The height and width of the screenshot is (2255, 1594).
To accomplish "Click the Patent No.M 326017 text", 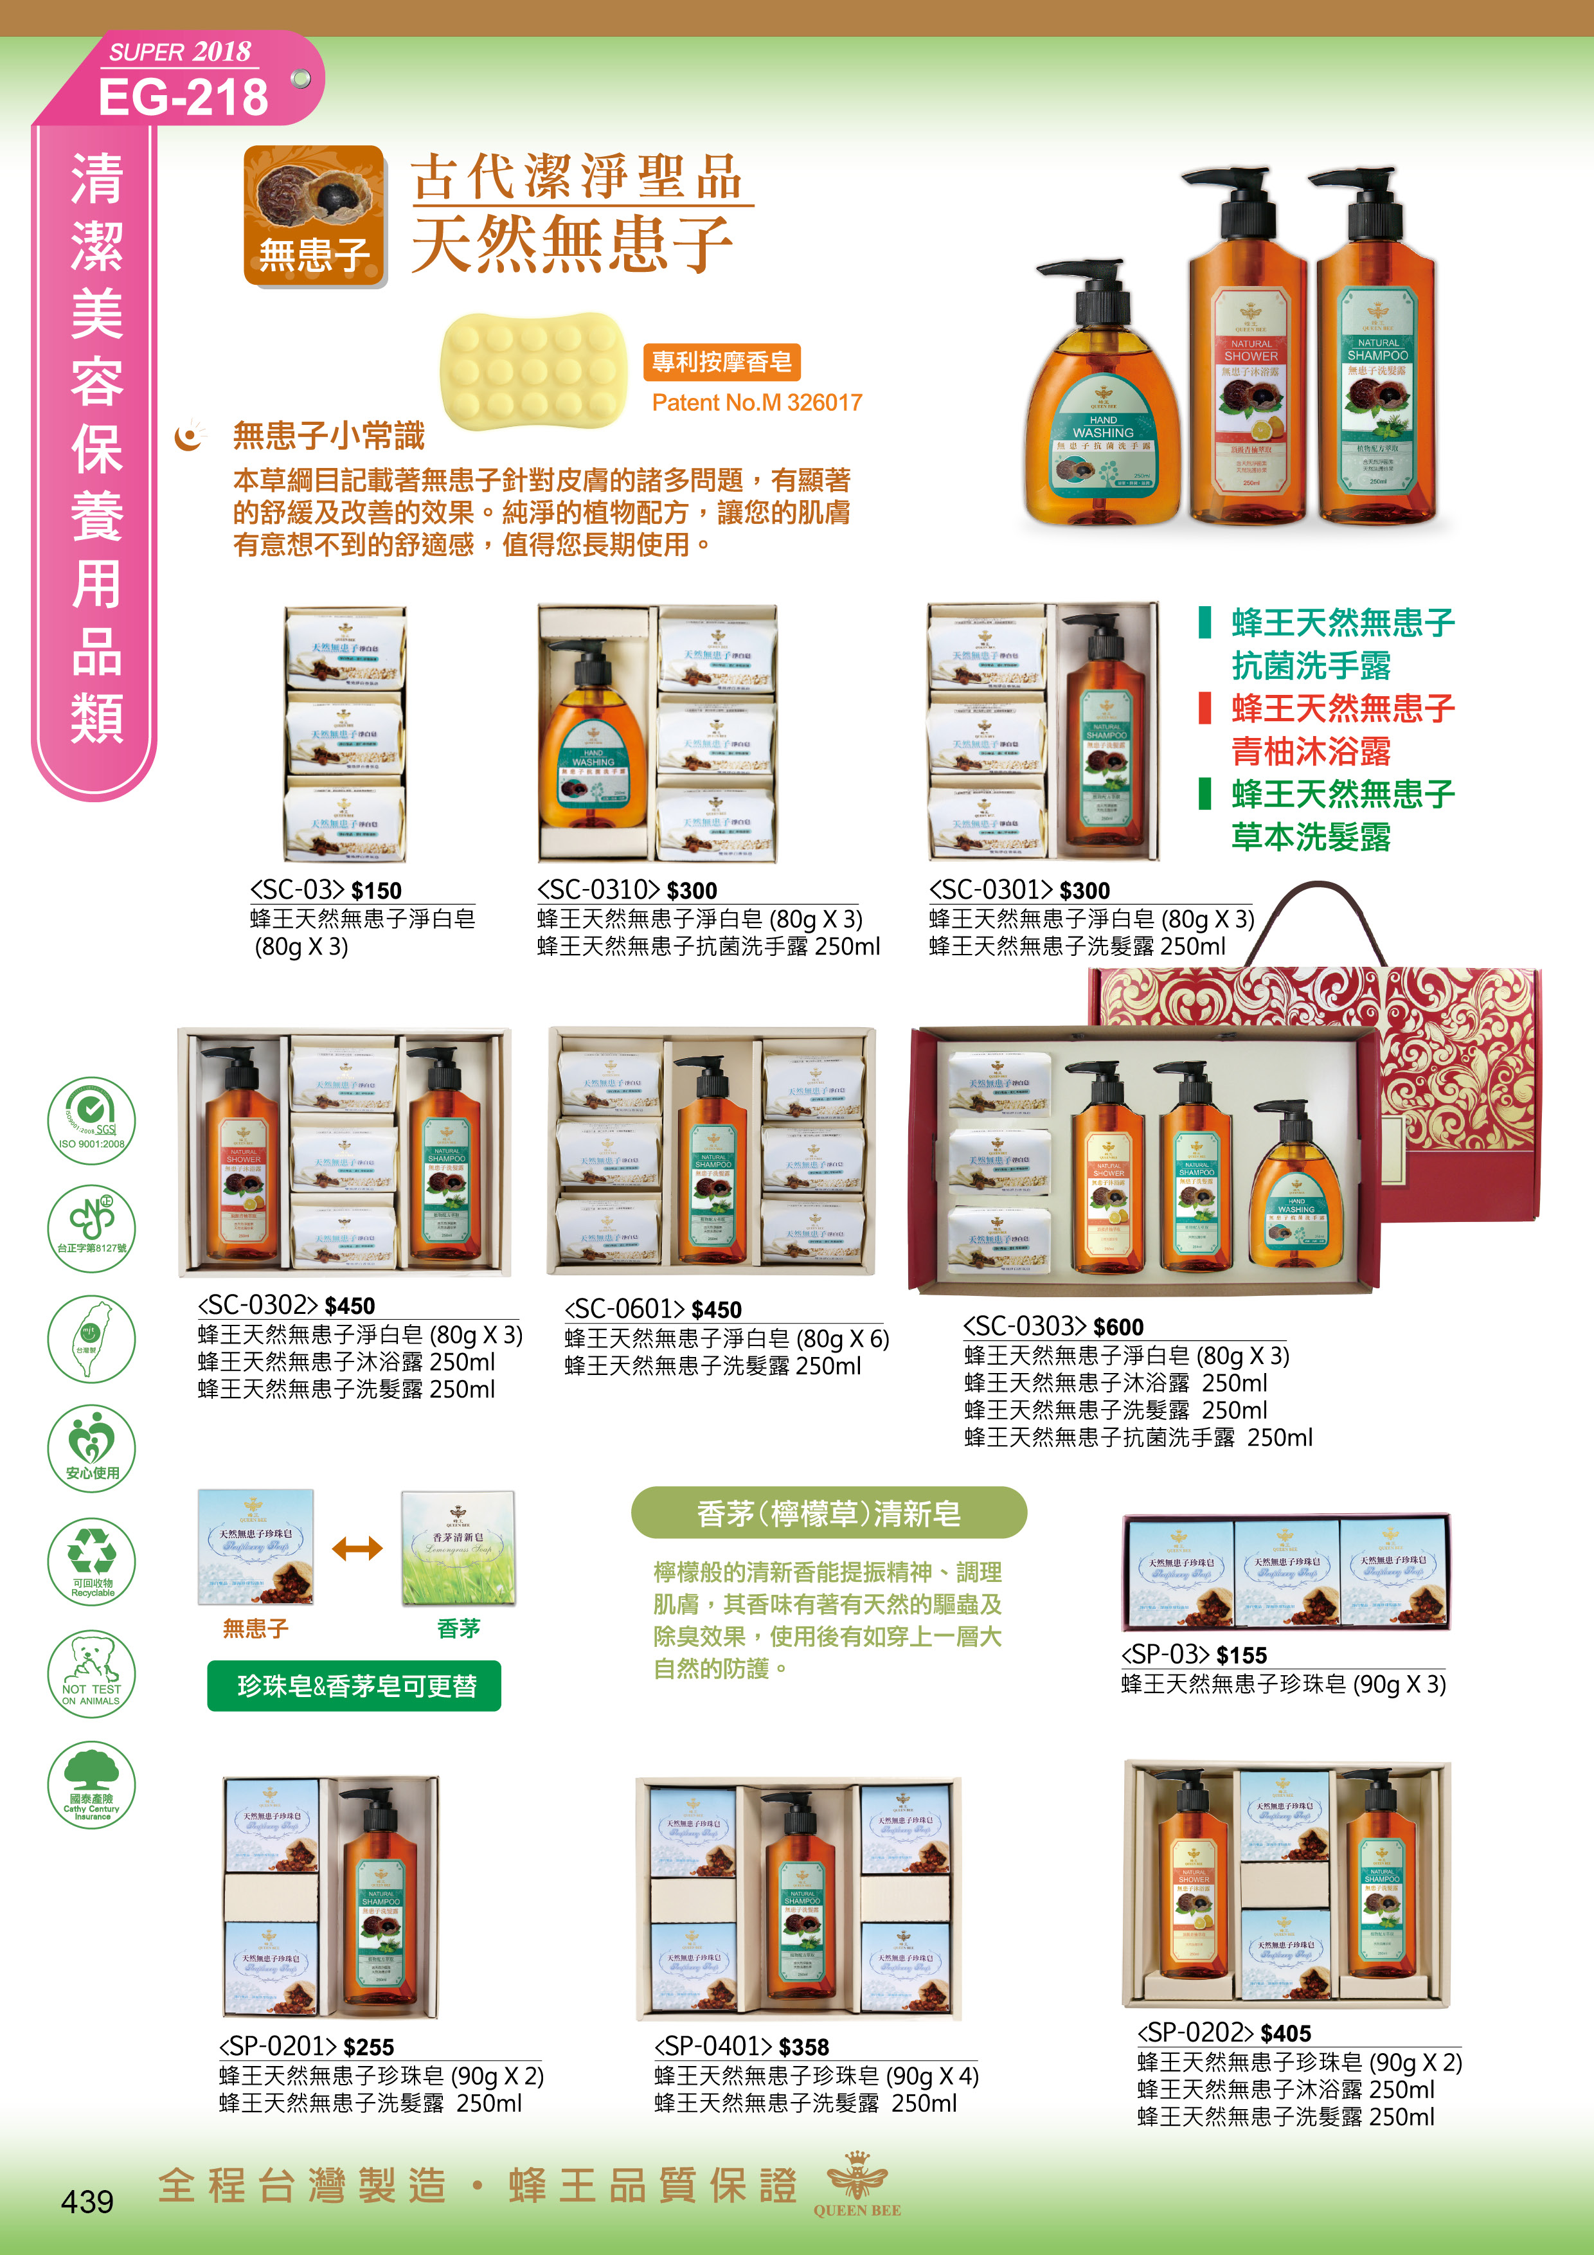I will tap(757, 402).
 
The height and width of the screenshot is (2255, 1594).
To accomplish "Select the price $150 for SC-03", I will tap(376, 891).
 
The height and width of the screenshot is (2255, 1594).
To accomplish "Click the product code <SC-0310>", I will tap(597, 890).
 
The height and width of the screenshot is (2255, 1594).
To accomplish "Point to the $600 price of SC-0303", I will tap(1118, 1327).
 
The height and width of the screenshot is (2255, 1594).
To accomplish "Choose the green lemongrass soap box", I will tap(458, 1548).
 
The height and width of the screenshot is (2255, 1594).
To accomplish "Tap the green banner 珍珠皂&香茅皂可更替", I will tap(355, 1686).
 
